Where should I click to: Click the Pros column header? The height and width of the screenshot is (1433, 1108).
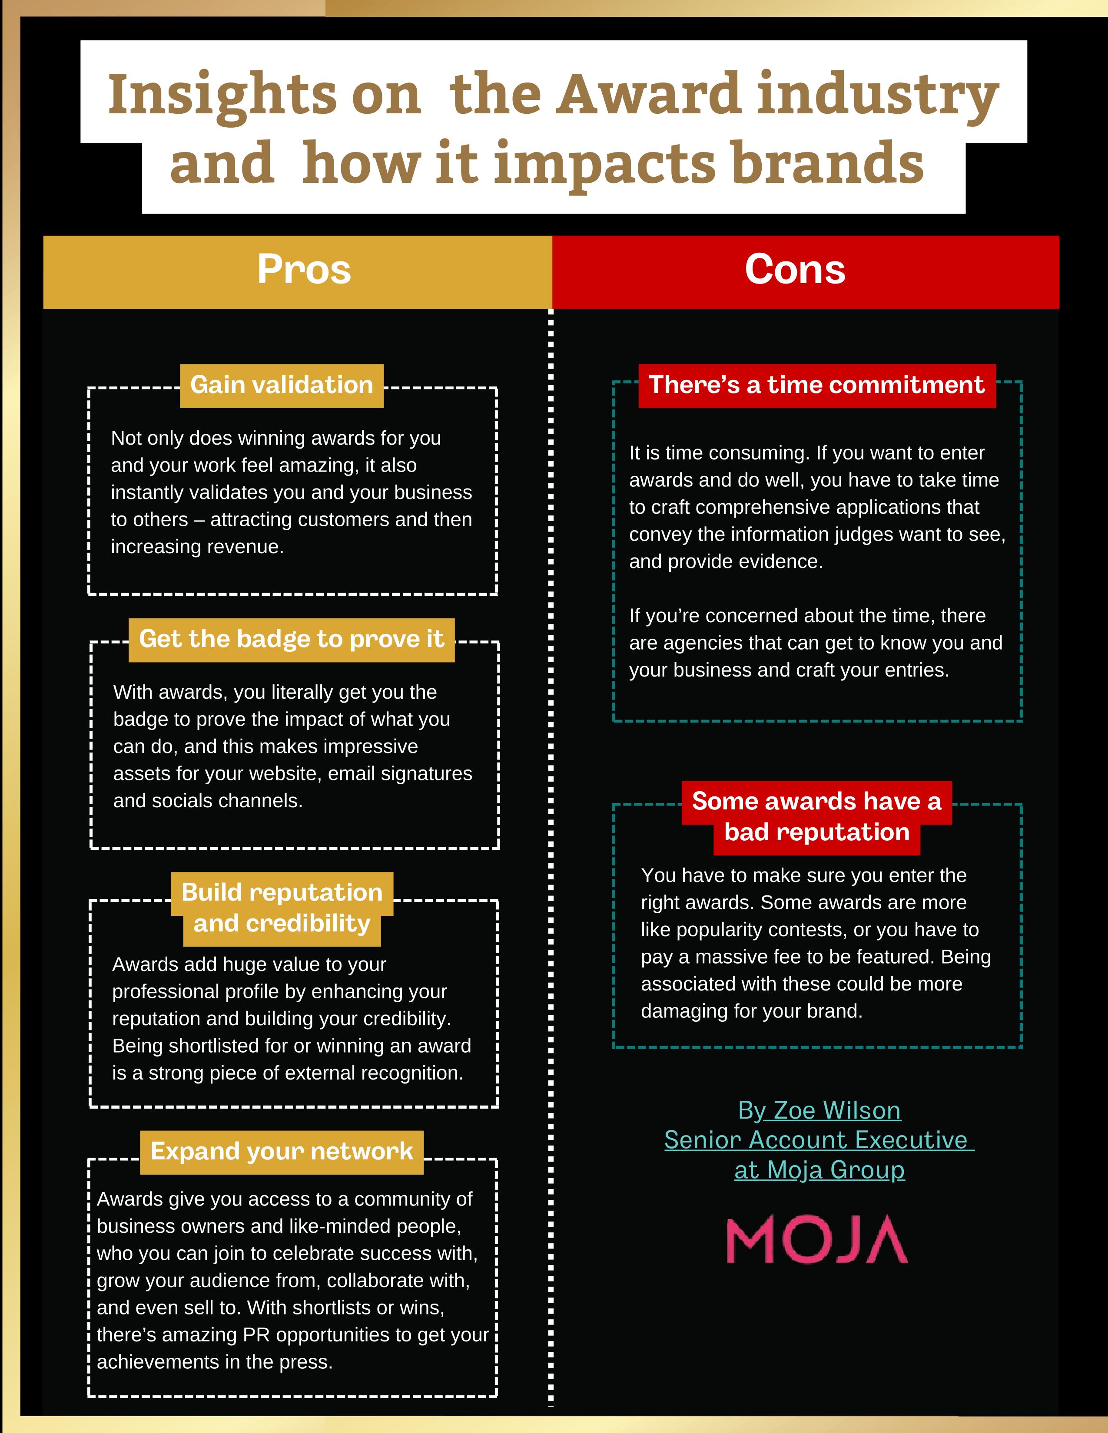pos(304,270)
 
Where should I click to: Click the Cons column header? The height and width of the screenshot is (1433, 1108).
pos(795,270)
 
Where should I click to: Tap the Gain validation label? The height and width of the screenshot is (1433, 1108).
pos(282,385)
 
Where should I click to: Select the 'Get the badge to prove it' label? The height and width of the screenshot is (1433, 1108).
pos(292,639)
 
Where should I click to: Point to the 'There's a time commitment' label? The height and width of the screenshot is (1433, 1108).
pos(816,385)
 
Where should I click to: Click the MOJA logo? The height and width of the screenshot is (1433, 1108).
pos(816,1239)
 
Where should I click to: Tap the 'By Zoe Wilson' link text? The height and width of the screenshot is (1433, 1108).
pos(819,1110)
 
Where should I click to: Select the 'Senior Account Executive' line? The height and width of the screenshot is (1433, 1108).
pos(816,1140)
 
